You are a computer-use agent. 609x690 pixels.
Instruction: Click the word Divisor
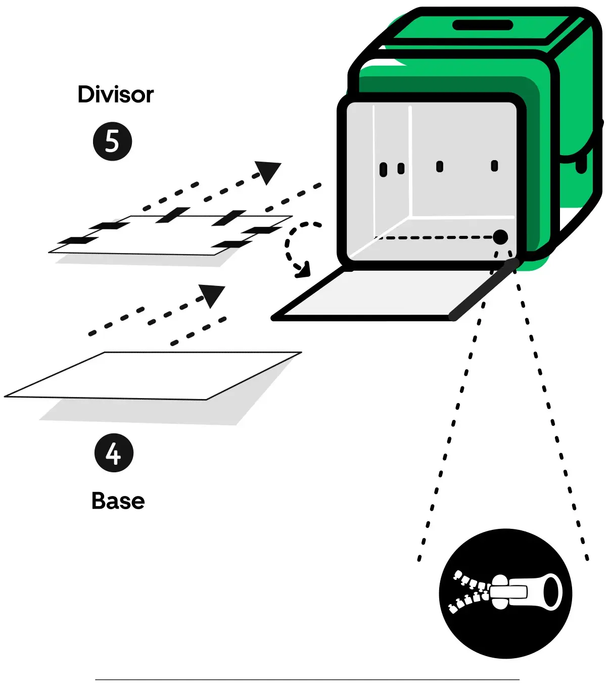(x=115, y=94)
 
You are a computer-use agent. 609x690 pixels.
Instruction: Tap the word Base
(x=118, y=501)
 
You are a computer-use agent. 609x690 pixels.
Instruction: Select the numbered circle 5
(x=112, y=141)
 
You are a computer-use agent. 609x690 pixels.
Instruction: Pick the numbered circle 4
(x=114, y=453)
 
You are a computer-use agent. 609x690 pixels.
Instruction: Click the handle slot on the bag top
(x=482, y=25)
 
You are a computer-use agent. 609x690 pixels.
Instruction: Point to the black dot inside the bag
(x=500, y=237)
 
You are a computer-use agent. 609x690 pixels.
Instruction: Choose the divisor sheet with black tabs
(x=172, y=235)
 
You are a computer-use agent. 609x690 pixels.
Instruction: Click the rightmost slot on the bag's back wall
(x=494, y=166)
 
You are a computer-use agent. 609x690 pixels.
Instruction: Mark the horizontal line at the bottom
(x=307, y=679)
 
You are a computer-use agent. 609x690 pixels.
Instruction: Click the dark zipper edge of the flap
(x=483, y=290)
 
